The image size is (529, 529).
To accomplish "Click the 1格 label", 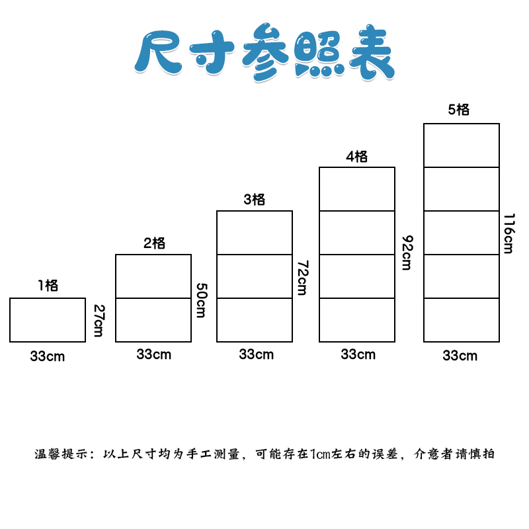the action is [x=48, y=286].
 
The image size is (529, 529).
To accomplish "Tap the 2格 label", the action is [x=154, y=243].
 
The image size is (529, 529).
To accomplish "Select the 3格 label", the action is [x=255, y=199].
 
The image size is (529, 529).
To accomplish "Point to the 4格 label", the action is [x=357, y=157].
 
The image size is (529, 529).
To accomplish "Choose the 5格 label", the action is [x=459, y=110].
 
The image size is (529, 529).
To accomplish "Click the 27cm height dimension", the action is [x=99, y=320].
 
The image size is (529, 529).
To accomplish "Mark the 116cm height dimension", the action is [x=508, y=233].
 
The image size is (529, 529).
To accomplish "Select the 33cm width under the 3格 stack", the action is [x=256, y=354].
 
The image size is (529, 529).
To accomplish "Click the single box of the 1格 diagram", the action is [x=48, y=320].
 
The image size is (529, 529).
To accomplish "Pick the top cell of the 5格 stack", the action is [x=462, y=145].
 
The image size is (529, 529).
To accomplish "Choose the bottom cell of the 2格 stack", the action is [x=153, y=320].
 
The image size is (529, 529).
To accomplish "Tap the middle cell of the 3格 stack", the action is [x=255, y=276].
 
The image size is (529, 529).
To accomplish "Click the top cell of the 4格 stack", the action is [x=357, y=189].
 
